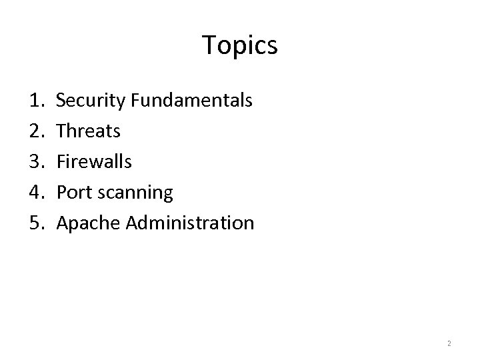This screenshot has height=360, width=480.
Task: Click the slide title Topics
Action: tap(239, 46)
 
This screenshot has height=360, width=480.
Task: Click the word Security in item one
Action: tap(91, 101)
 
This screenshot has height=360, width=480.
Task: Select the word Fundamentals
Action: tap(191, 101)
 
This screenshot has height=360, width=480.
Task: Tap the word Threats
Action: tap(89, 131)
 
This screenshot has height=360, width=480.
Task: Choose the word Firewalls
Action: tap(94, 162)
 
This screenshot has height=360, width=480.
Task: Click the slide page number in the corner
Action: tap(449, 343)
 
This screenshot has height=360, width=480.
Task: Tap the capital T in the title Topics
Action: tap(209, 45)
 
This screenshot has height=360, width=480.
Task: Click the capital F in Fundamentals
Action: tap(135, 101)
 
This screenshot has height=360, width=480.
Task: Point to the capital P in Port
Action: tap(61, 193)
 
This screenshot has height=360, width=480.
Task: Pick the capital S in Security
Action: tap(61, 101)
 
